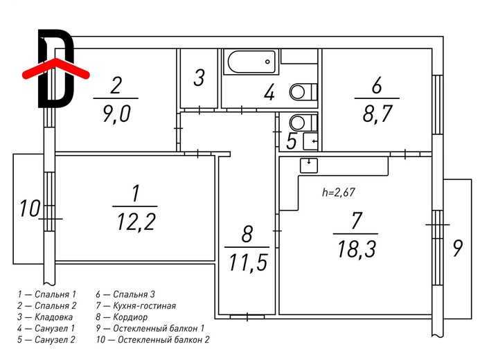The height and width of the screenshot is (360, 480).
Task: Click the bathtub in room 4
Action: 251,62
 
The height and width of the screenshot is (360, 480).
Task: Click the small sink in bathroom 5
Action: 310,141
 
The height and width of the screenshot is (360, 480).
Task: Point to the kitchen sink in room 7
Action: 309,165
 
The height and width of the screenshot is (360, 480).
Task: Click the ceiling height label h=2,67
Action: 339,192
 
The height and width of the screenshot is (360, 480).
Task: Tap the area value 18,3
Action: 356,249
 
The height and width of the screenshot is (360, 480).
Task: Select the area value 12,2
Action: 136,222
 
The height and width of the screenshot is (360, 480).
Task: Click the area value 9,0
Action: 116,114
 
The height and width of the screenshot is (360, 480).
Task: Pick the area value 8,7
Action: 377,114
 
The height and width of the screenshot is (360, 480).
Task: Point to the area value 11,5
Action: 247,262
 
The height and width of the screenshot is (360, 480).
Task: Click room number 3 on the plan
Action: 199,78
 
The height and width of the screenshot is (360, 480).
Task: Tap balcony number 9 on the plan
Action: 457,248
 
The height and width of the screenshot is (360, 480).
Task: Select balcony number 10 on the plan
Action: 30,208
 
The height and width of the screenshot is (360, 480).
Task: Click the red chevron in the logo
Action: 55,68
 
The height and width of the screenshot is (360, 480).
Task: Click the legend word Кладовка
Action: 53,317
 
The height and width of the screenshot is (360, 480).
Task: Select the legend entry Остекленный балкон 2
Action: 153,339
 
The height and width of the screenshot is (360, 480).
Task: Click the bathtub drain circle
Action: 268,62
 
